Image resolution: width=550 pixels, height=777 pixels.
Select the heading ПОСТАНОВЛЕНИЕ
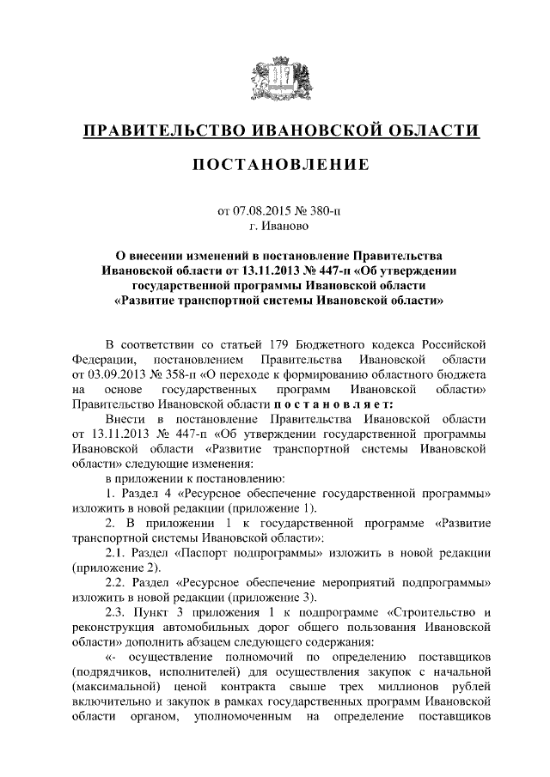(275, 164)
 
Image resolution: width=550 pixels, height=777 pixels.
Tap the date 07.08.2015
(264, 211)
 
